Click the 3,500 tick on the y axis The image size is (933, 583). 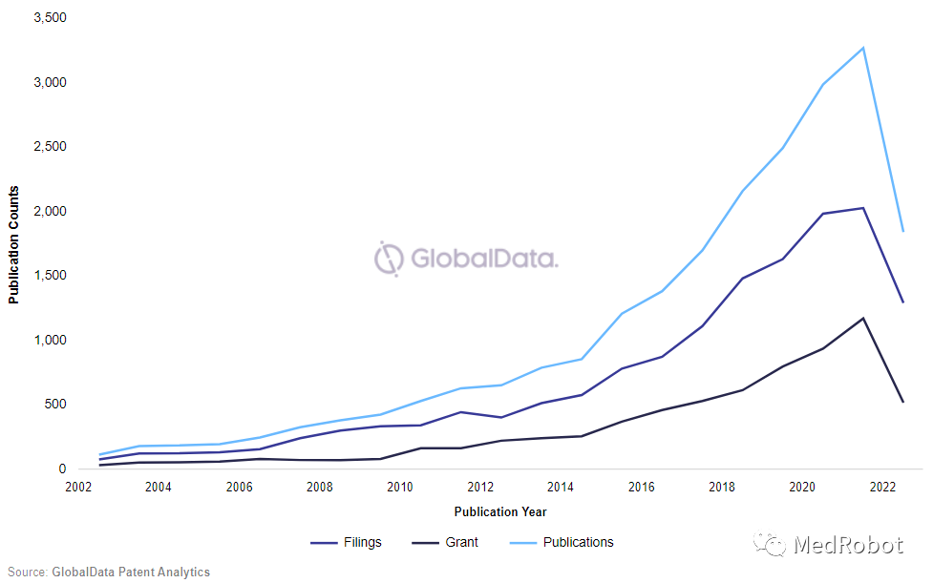pyautogui.click(x=48, y=18)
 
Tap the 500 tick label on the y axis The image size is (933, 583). pyautogui.click(x=55, y=405)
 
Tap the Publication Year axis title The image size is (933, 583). pyautogui.click(x=500, y=512)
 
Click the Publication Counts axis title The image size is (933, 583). pyautogui.click(x=14, y=243)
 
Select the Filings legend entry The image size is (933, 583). pyautogui.click(x=346, y=543)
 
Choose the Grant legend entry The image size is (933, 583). pyautogui.click(x=445, y=543)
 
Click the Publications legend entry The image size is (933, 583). pyautogui.click(x=562, y=543)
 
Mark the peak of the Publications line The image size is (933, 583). pyautogui.click(x=863, y=48)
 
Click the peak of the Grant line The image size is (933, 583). pyautogui.click(x=863, y=318)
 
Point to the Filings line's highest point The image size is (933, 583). pyautogui.click(x=863, y=208)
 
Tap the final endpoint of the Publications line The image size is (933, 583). pyautogui.click(x=902, y=231)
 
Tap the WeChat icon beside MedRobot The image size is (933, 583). pyautogui.click(x=770, y=545)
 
